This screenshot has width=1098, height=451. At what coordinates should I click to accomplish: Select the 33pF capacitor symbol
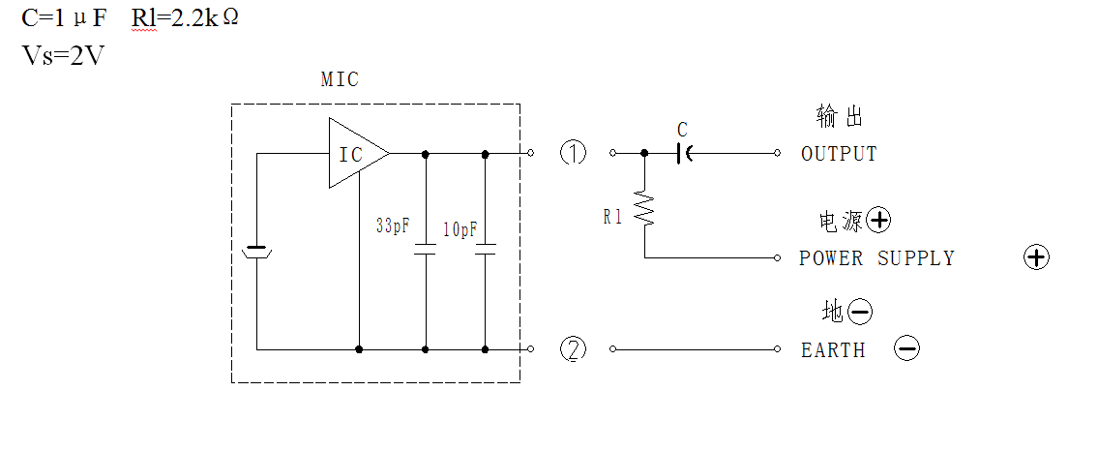(x=425, y=249)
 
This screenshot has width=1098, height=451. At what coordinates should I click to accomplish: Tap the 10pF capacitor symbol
(x=486, y=249)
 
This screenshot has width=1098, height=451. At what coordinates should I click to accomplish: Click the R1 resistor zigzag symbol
(x=644, y=209)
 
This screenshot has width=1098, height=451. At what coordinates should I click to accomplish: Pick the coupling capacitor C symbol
(x=683, y=153)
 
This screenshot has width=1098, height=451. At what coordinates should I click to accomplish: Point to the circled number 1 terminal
(x=574, y=153)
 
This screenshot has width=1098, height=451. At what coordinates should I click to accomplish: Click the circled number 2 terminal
(x=574, y=348)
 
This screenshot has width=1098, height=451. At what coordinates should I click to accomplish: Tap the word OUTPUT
(x=839, y=154)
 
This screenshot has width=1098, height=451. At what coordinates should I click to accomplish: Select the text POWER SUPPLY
(x=876, y=258)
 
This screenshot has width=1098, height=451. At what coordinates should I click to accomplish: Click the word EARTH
(x=833, y=350)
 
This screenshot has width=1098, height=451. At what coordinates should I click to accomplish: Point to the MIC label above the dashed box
(x=340, y=79)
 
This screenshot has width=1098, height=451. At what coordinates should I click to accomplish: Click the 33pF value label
(x=392, y=226)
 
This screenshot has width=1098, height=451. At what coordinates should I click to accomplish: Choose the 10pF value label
(x=460, y=229)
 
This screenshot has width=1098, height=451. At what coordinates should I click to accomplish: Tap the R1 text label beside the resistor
(x=612, y=218)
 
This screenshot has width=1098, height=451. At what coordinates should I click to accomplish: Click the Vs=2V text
(x=63, y=55)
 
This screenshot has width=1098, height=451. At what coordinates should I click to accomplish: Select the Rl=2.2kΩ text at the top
(x=185, y=18)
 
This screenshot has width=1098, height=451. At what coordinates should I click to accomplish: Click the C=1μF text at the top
(x=65, y=18)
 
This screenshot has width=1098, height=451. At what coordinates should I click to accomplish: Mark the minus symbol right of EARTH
(x=906, y=348)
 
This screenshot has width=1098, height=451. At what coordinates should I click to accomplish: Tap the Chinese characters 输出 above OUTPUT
(x=840, y=116)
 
